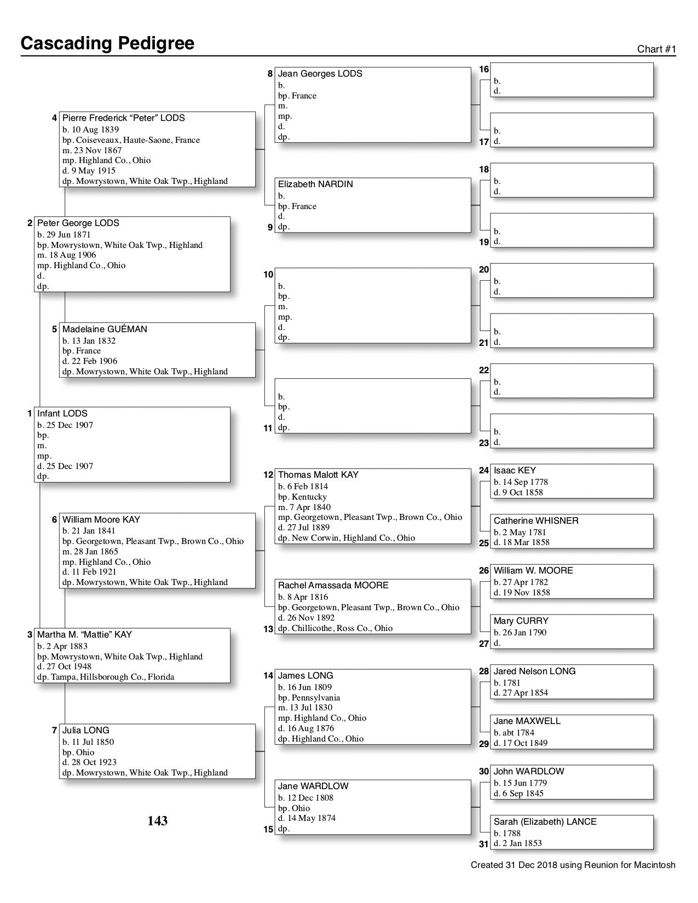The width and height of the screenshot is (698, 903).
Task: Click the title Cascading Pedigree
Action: (x=107, y=43)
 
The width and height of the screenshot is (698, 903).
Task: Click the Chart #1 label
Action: (x=656, y=49)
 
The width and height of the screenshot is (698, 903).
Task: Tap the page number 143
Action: (x=157, y=821)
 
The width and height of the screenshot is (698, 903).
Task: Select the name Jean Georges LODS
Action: (x=320, y=74)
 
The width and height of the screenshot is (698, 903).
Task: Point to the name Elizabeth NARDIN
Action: (x=315, y=184)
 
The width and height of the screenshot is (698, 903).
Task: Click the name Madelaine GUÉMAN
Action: (x=105, y=329)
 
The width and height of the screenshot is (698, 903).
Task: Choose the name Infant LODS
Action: (x=62, y=414)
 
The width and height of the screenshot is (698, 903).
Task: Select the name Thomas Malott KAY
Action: (x=318, y=475)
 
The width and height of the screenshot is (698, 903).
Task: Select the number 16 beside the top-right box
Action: (x=484, y=70)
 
